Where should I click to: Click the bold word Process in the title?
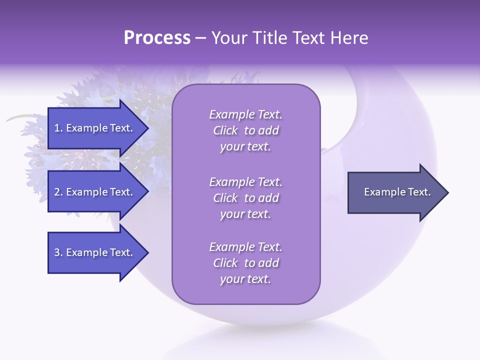(x=157, y=38)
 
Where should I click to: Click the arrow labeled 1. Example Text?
(x=95, y=128)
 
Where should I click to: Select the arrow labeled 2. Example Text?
(x=95, y=192)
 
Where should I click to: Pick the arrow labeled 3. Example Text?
(x=95, y=252)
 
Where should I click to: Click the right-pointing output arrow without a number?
(x=395, y=192)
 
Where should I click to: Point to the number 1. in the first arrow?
(x=58, y=128)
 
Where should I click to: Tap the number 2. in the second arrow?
(x=58, y=192)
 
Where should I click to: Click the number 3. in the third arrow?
(x=58, y=252)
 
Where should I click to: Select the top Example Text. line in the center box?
(x=245, y=114)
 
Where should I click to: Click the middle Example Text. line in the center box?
(x=245, y=182)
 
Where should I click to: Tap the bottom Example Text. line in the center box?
(x=245, y=247)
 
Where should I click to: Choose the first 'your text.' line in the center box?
(x=245, y=146)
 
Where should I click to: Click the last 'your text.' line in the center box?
(x=245, y=279)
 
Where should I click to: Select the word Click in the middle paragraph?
(x=225, y=198)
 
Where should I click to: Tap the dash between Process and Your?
(x=200, y=38)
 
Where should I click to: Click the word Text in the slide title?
(x=308, y=38)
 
